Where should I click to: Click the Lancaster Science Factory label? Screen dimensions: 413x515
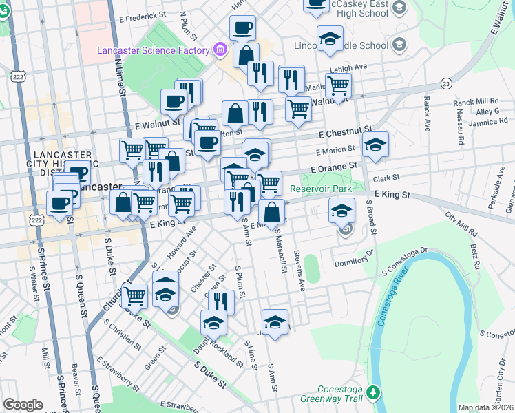153,50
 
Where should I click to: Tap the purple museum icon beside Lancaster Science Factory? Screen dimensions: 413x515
220,50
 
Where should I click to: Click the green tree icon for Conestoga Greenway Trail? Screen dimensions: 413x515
373,392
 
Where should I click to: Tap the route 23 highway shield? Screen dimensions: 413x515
446,83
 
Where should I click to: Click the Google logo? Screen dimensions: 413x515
23,405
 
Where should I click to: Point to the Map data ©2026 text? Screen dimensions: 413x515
486,407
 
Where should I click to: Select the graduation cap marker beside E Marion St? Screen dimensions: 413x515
375,145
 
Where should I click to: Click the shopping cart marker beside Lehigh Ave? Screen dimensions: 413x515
338,85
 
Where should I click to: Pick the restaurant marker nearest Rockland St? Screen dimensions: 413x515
221,301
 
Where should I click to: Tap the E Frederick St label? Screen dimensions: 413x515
143,14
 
